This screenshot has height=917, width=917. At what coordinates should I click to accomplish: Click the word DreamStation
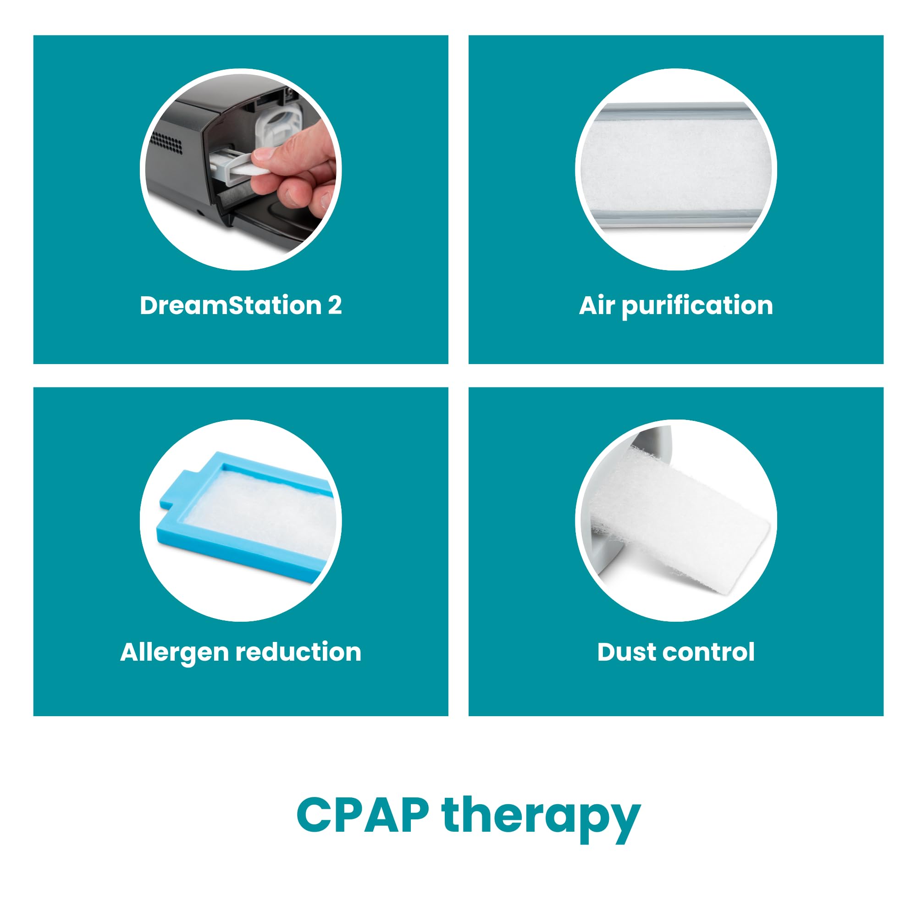[x=230, y=305]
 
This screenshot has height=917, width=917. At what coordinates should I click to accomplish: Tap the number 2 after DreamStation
[x=335, y=305]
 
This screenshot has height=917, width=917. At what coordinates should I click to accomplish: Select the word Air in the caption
[x=597, y=305]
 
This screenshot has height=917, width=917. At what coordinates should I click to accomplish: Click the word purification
[x=697, y=306]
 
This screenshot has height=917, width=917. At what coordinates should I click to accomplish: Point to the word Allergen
[x=174, y=652]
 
